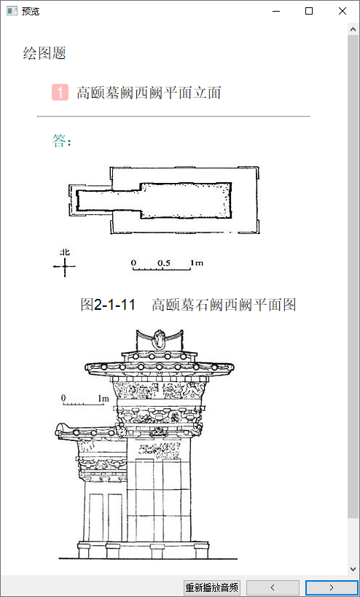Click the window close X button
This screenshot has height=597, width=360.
point(342,12)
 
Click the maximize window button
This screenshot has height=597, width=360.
point(309,12)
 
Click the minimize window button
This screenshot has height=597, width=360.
point(276,12)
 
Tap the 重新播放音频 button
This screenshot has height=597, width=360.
point(213,587)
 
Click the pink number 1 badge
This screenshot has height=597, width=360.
point(60,93)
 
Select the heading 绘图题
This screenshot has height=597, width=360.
point(44,53)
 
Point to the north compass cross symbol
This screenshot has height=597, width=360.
point(64,266)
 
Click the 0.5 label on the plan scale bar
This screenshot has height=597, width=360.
point(164,262)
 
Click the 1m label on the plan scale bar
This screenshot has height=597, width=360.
point(197,262)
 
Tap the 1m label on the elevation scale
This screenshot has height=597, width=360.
point(103,399)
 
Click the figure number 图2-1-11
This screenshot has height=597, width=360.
point(108,305)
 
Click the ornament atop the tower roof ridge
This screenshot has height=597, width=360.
point(158,338)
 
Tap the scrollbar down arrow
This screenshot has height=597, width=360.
point(353,569)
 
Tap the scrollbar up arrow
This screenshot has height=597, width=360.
point(353,28)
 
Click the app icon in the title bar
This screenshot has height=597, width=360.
point(12,12)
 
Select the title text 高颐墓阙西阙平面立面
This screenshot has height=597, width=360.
point(149,93)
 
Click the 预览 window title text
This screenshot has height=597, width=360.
point(31,12)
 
